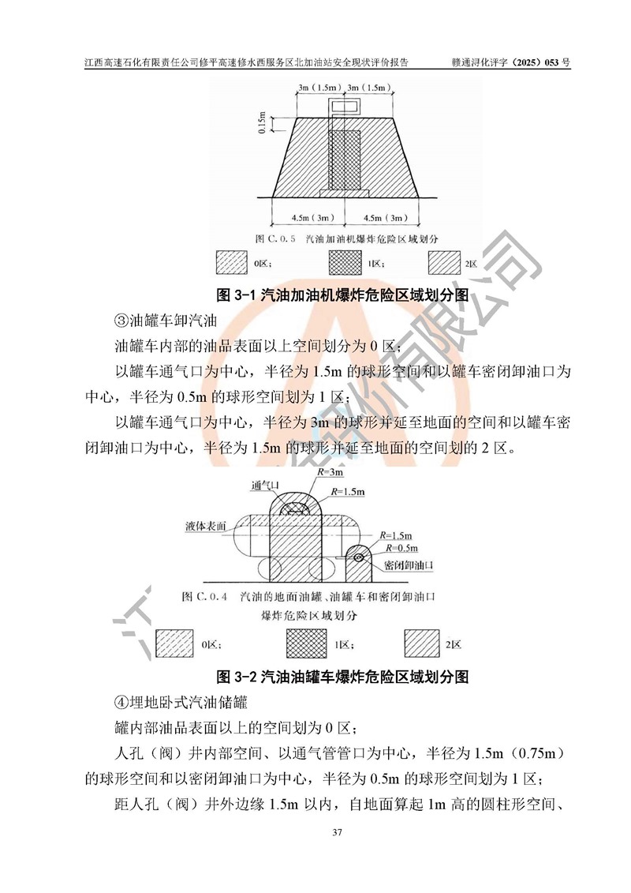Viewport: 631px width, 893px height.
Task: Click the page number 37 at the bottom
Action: pos(337,832)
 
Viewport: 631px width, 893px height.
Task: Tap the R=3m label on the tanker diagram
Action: pos(330,472)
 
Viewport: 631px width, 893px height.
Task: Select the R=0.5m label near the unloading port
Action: pos(401,548)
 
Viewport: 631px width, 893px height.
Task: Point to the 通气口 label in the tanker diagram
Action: pos(264,486)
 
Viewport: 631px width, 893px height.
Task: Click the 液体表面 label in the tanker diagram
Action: pos(205,526)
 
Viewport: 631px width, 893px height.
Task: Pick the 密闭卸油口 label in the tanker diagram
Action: pos(409,565)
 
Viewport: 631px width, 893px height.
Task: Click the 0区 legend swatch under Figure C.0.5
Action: pos(232,263)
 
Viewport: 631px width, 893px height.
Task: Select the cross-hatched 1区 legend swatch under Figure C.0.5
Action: pos(345,263)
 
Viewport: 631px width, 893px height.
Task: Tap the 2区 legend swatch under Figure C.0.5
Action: pos(444,263)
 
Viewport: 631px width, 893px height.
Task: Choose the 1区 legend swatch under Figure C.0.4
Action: pos(307,643)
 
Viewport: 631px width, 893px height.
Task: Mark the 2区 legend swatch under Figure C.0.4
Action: pos(422,643)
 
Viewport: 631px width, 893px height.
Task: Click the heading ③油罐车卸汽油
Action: pos(166,321)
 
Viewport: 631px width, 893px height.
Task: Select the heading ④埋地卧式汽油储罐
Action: pos(181,702)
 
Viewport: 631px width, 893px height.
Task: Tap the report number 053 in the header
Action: pos(551,62)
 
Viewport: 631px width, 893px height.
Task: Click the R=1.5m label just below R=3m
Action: pos(348,491)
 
